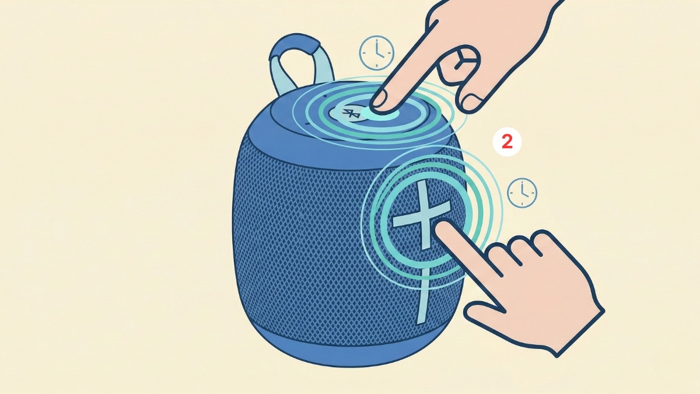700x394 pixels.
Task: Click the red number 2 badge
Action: coord(507,142)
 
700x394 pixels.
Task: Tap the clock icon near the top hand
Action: coord(377,52)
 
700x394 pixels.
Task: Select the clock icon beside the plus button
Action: coord(522,193)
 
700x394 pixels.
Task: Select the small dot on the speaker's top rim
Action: coord(325,96)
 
